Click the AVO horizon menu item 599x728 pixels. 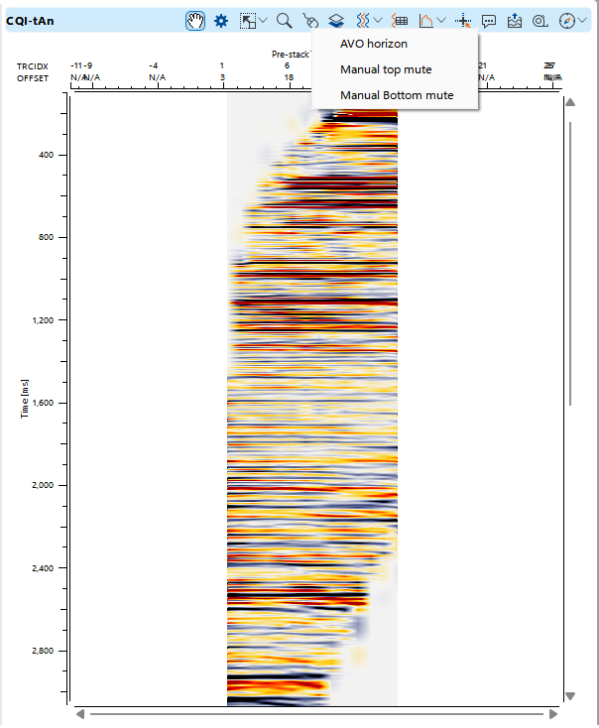point(373,44)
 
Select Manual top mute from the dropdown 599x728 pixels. point(386,69)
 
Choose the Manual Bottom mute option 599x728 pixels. point(397,95)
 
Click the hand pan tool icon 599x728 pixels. point(195,20)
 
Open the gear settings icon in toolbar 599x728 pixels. point(221,20)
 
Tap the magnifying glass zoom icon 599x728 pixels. point(284,20)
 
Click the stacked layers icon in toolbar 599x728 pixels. point(336,20)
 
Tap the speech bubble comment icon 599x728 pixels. point(489,20)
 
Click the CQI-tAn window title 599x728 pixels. point(30,20)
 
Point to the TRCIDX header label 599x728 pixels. point(32,65)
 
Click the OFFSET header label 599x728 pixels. point(32,76)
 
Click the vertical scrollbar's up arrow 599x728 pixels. point(569,102)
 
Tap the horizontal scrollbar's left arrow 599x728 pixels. point(81,713)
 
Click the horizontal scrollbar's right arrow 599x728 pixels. point(552,713)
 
